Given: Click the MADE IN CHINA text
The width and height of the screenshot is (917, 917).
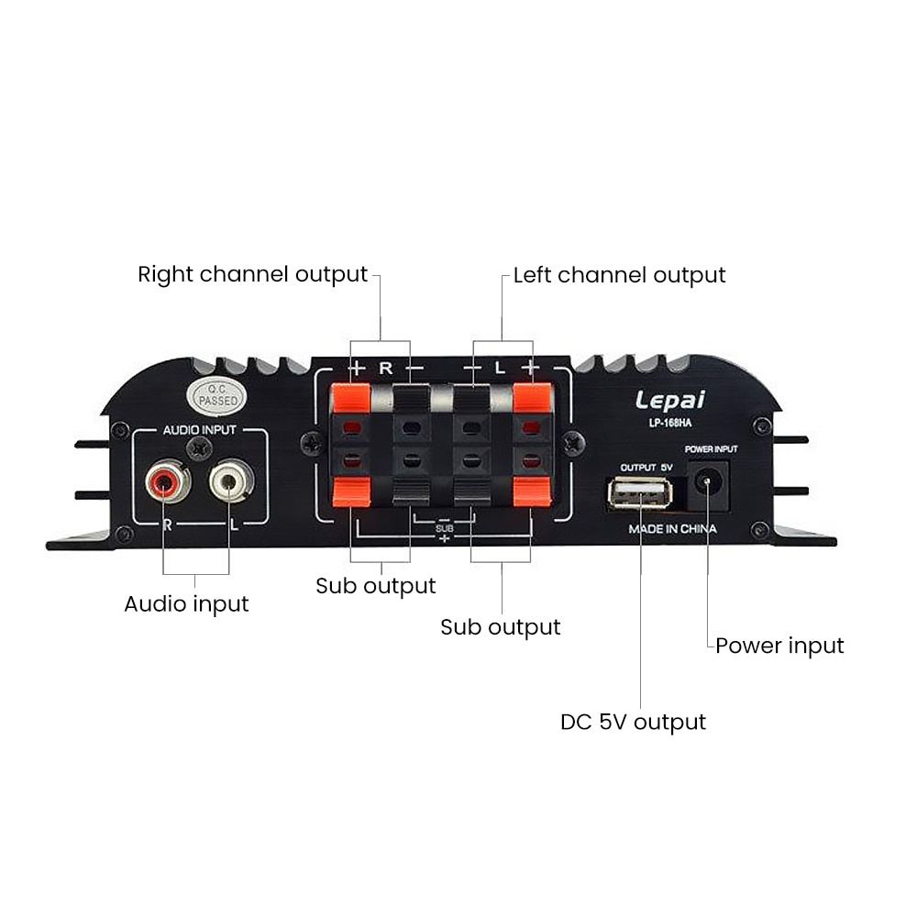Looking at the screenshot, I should [x=672, y=530].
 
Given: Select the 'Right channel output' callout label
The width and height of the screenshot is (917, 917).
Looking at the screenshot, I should [x=252, y=274].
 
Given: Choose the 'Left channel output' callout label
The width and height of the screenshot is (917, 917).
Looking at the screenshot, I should [x=619, y=275].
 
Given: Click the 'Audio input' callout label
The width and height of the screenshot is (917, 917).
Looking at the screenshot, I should [x=186, y=603].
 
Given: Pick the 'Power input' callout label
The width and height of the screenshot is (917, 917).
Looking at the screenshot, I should [x=779, y=646].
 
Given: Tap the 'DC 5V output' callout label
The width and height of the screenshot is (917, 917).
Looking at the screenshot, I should [x=633, y=722].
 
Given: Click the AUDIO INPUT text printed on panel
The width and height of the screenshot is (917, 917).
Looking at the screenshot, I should [x=199, y=429].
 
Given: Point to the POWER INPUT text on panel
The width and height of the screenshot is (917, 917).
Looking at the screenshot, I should [x=712, y=450].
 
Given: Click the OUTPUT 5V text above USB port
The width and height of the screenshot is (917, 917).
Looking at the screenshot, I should [x=646, y=467].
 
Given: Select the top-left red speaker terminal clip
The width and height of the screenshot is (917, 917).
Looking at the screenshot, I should [x=350, y=398].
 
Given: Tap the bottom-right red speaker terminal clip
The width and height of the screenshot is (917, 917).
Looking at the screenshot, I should [x=529, y=492].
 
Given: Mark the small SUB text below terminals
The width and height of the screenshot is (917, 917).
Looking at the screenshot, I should [x=445, y=529].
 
